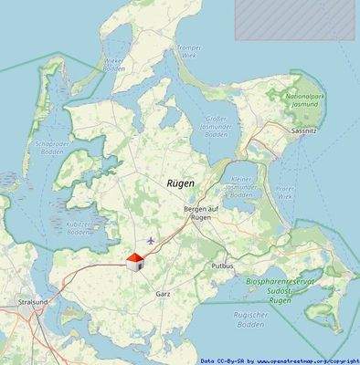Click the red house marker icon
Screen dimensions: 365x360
(x=134, y=263)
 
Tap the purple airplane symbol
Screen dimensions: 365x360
(x=151, y=241)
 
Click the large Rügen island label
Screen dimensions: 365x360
(x=181, y=183)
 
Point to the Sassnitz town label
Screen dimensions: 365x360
(x=302, y=132)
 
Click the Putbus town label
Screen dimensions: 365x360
(x=222, y=266)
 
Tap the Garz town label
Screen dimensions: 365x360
(x=164, y=294)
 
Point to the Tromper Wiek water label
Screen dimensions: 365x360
(x=188, y=51)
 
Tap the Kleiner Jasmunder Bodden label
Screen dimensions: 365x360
(x=241, y=188)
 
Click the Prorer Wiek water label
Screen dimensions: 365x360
(x=285, y=193)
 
